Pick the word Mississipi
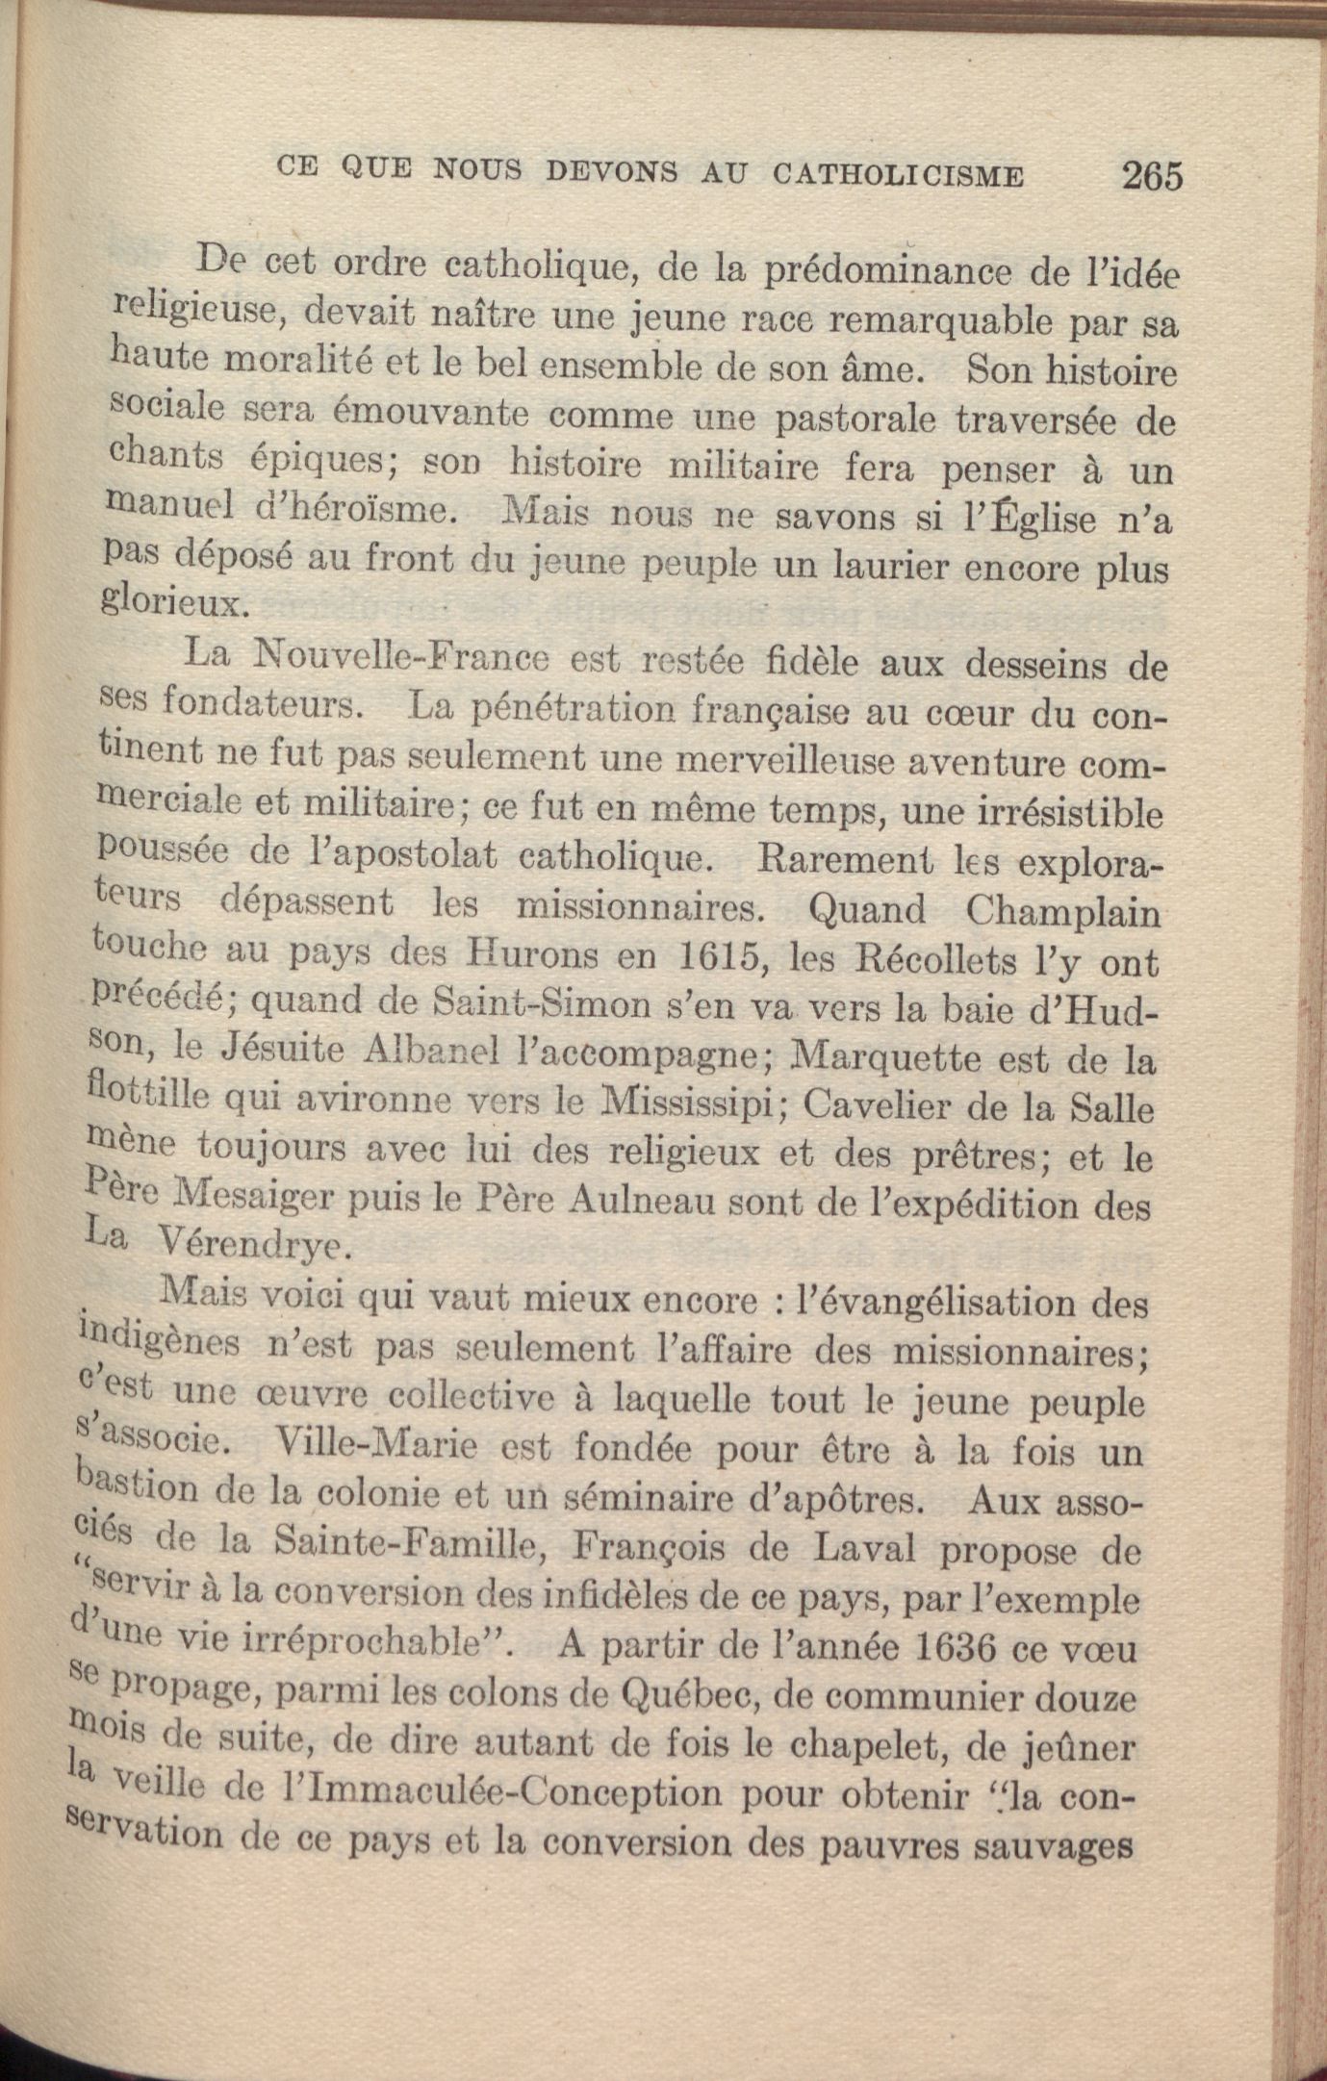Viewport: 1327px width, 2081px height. (x=689, y=1104)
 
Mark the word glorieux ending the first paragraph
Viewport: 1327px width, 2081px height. (x=175, y=603)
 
